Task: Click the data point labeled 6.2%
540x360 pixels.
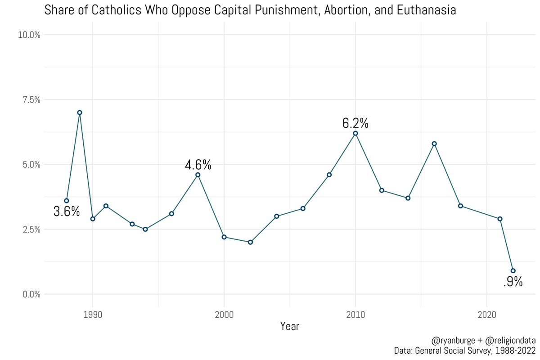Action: tap(355, 133)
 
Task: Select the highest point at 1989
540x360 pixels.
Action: tap(80, 112)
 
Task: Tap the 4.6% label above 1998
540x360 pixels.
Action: tap(198, 165)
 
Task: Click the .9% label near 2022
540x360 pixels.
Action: tap(513, 282)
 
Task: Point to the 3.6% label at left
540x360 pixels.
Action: tap(67, 211)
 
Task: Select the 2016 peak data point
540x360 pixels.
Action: tap(434, 144)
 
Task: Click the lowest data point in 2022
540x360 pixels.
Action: tap(513, 271)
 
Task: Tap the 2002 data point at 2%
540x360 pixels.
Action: tap(250, 242)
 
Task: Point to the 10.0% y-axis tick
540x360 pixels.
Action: tap(29, 35)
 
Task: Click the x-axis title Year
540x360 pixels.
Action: tap(290, 326)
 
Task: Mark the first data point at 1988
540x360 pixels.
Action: tap(67, 201)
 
